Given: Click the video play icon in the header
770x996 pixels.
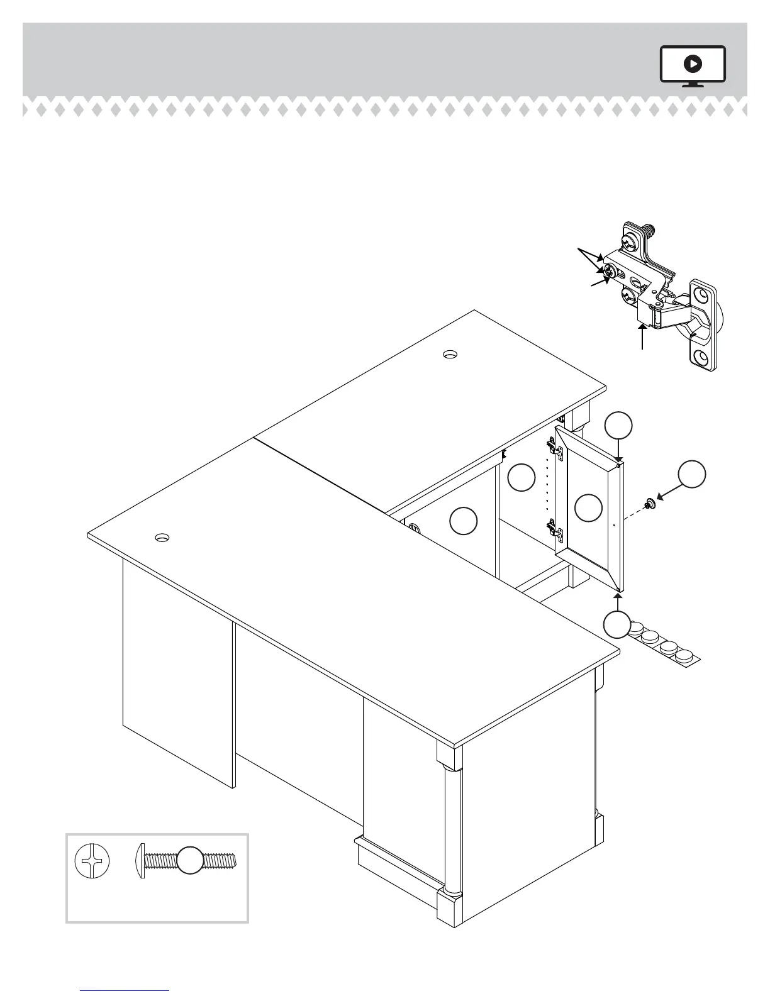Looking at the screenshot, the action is click(693, 64).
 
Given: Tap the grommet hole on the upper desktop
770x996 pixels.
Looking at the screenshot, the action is click(449, 354).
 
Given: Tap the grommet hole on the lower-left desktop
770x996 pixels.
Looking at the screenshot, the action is click(162, 538).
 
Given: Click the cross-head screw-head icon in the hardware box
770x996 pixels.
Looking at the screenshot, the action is click(92, 861).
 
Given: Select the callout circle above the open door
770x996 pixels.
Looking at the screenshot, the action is click(618, 426).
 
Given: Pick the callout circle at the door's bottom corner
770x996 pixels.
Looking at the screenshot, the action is click(617, 625).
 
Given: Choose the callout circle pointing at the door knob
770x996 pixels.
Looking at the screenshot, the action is click(692, 474).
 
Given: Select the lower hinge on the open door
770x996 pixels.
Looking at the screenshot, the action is click(555, 531).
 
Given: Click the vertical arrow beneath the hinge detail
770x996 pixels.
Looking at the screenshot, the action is click(642, 336).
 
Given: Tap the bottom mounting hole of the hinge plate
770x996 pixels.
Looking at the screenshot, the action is click(701, 358).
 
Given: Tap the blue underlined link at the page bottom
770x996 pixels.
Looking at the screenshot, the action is click(125, 991).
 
